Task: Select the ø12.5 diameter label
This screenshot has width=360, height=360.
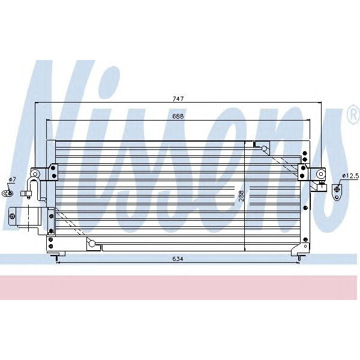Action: pyautogui.click(x=349, y=175)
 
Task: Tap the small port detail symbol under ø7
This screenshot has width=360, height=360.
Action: pyautogui.click(x=7, y=193)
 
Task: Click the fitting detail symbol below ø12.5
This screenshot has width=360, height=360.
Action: pyautogui.click(x=337, y=191)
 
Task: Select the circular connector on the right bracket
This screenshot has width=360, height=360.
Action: pyautogui.click(x=321, y=175)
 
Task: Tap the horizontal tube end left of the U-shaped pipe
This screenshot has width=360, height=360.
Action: pyautogui.click(x=25, y=193)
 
